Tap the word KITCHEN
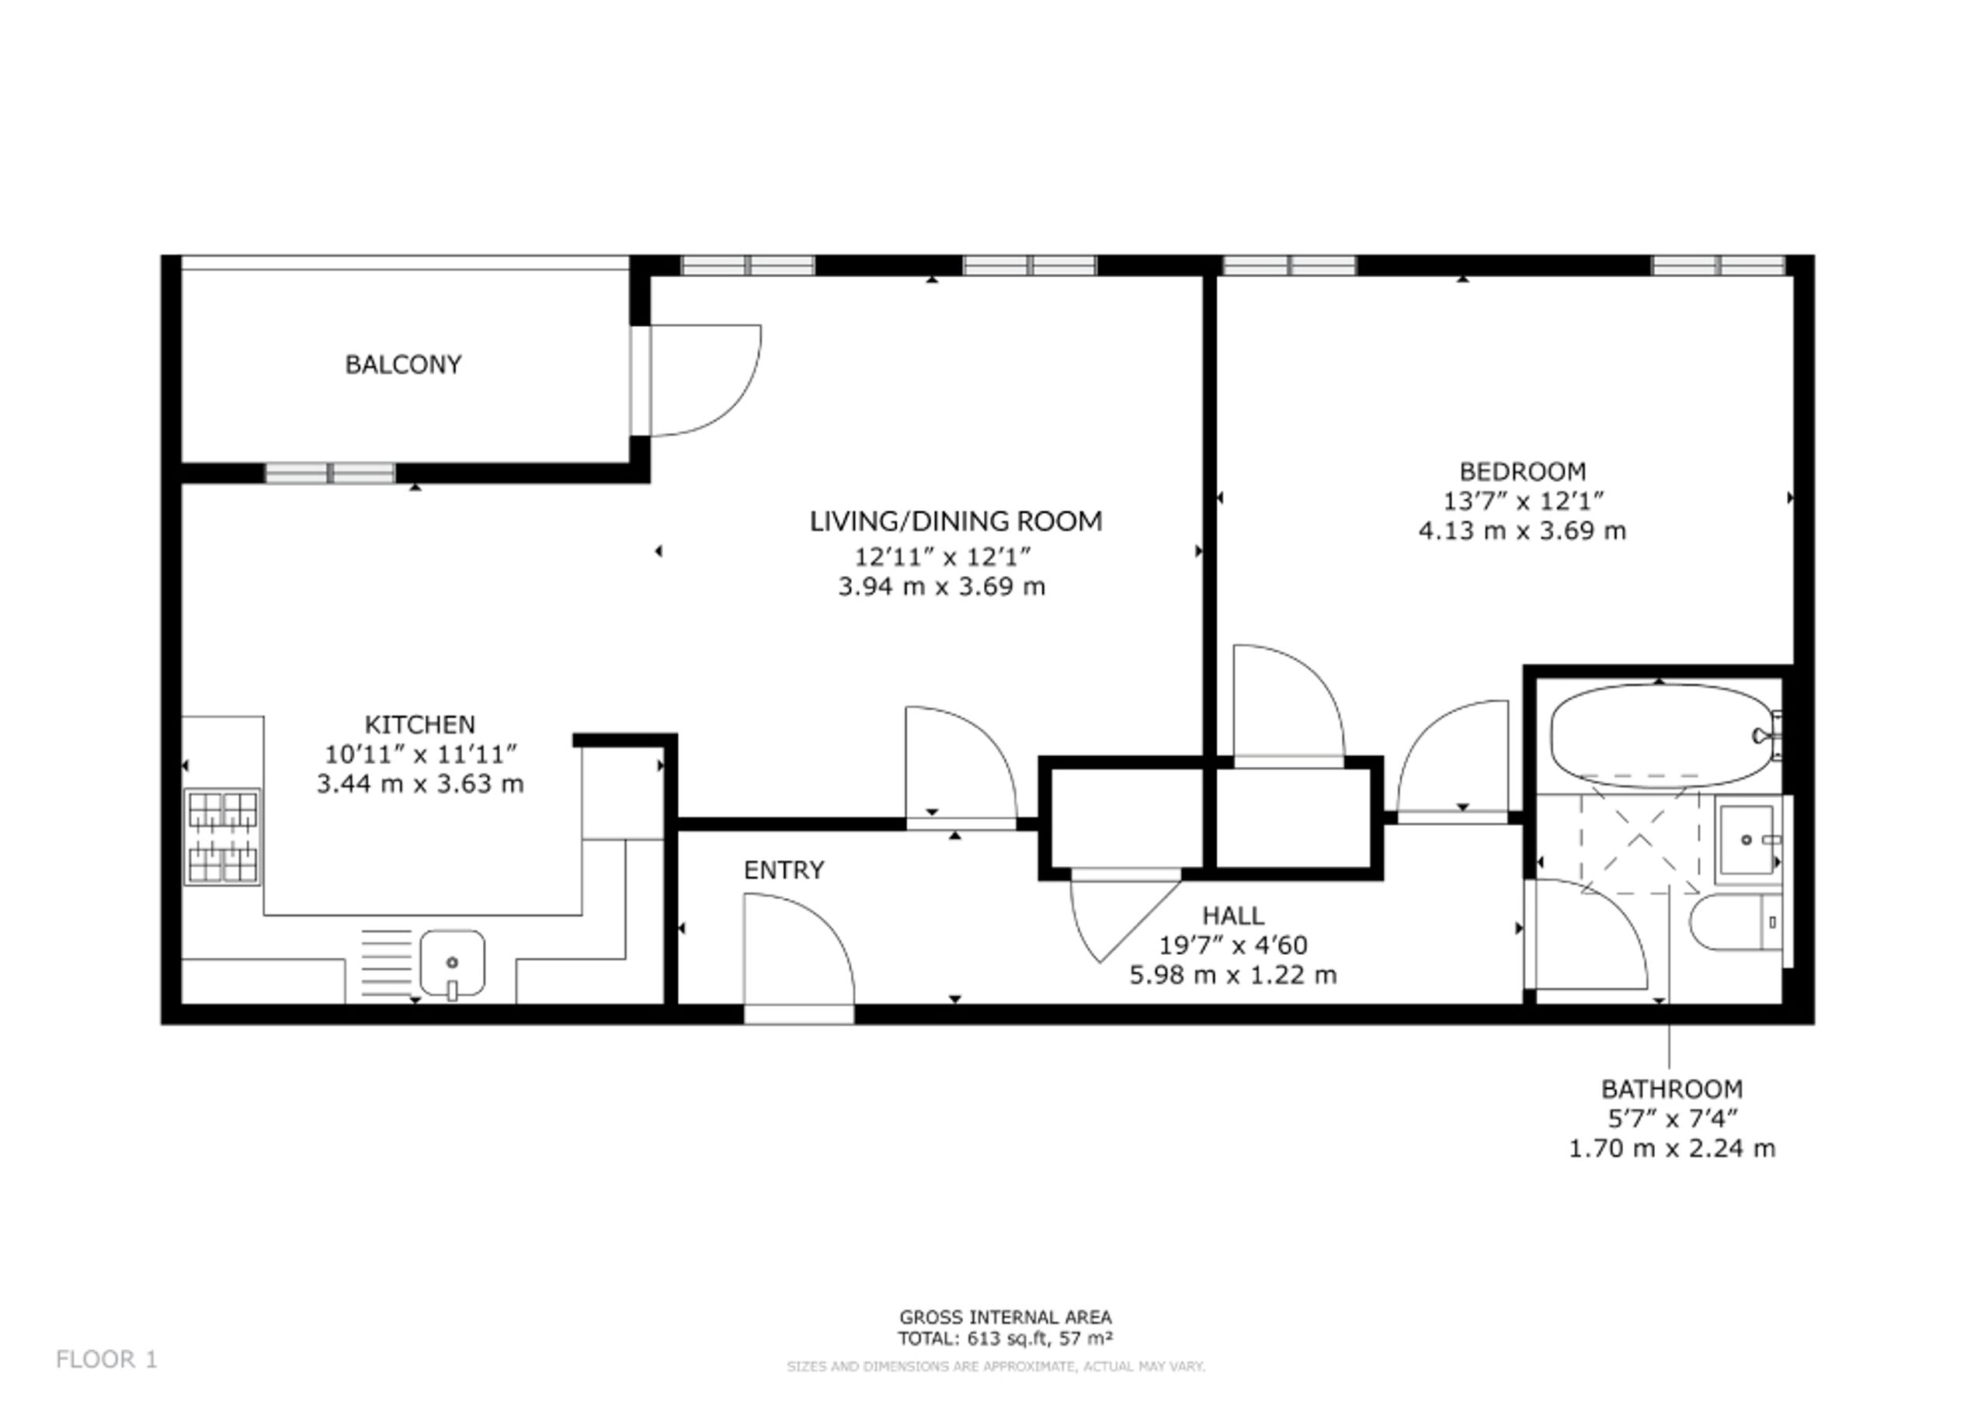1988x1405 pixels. pos(420,723)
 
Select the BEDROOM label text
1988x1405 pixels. pos(1522,472)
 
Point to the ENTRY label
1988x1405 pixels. pos(784,870)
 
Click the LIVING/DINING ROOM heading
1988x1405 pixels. pos(956,521)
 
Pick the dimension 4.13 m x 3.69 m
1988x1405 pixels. pos(1522,531)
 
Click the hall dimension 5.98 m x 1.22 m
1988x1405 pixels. pos(1233,976)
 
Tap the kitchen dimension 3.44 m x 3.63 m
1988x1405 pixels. pos(420,784)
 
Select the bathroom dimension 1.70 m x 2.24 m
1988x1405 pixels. pos(1672,1149)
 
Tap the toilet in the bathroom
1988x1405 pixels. pos(1735,922)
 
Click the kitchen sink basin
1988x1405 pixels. pos(452,963)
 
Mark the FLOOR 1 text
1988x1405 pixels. pos(106,1360)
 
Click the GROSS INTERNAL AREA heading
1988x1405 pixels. pos(1005,1317)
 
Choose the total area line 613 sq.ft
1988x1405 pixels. pos(1005,1338)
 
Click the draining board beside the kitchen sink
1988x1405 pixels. pos(386,963)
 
